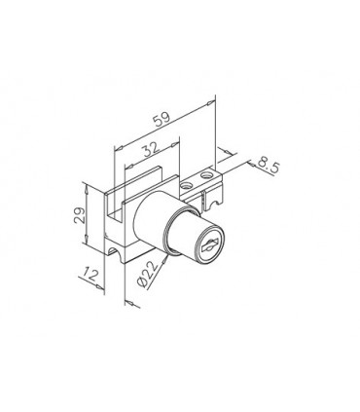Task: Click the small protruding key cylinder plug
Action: pos(199,243)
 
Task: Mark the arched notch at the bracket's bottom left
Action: pos(122,257)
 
